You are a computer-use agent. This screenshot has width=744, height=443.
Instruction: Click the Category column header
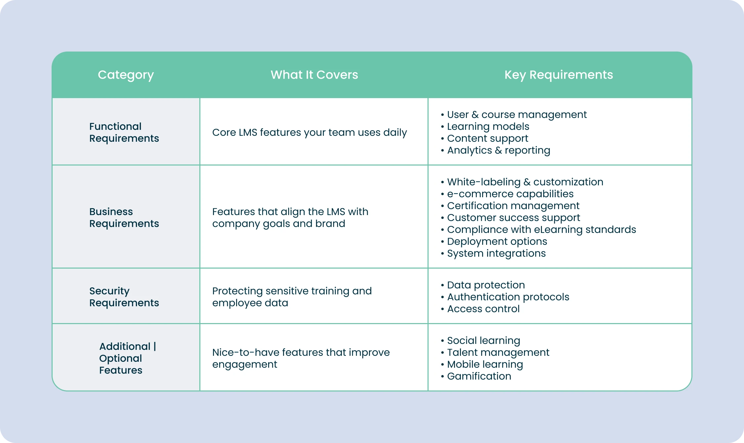click(x=126, y=75)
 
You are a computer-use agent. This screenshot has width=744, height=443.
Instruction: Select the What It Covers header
click(x=314, y=75)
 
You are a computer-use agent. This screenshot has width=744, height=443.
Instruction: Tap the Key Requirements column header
click(x=558, y=75)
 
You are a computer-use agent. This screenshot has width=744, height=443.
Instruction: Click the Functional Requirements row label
click(x=124, y=132)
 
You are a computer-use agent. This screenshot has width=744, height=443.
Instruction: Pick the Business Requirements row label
click(x=124, y=217)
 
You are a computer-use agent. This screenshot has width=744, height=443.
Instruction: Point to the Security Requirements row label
click(x=124, y=297)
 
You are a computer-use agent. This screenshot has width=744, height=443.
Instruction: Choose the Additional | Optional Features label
click(x=127, y=358)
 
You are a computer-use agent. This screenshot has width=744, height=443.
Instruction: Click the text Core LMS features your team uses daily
click(x=310, y=132)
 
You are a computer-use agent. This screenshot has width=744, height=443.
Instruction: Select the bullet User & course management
click(x=517, y=115)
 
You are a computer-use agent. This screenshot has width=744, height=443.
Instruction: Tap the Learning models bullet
click(x=488, y=127)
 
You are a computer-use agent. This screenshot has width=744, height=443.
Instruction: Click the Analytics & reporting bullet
click(x=498, y=150)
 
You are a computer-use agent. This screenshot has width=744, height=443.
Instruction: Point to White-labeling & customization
click(x=525, y=182)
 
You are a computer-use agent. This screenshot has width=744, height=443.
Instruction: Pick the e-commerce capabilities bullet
click(x=510, y=194)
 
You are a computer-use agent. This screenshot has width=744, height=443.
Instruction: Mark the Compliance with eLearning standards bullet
click(x=541, y=230)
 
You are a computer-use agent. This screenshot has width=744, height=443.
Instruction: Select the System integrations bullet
click(x=496, y=253)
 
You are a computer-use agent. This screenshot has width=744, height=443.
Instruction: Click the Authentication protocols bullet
click(x=508, y=297)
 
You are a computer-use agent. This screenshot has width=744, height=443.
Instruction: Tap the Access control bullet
click(x=483, y=309)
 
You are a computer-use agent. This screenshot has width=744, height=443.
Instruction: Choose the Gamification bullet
click(x=479, y=376)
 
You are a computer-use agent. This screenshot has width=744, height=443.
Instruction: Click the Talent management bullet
click(x=498, y=352)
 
